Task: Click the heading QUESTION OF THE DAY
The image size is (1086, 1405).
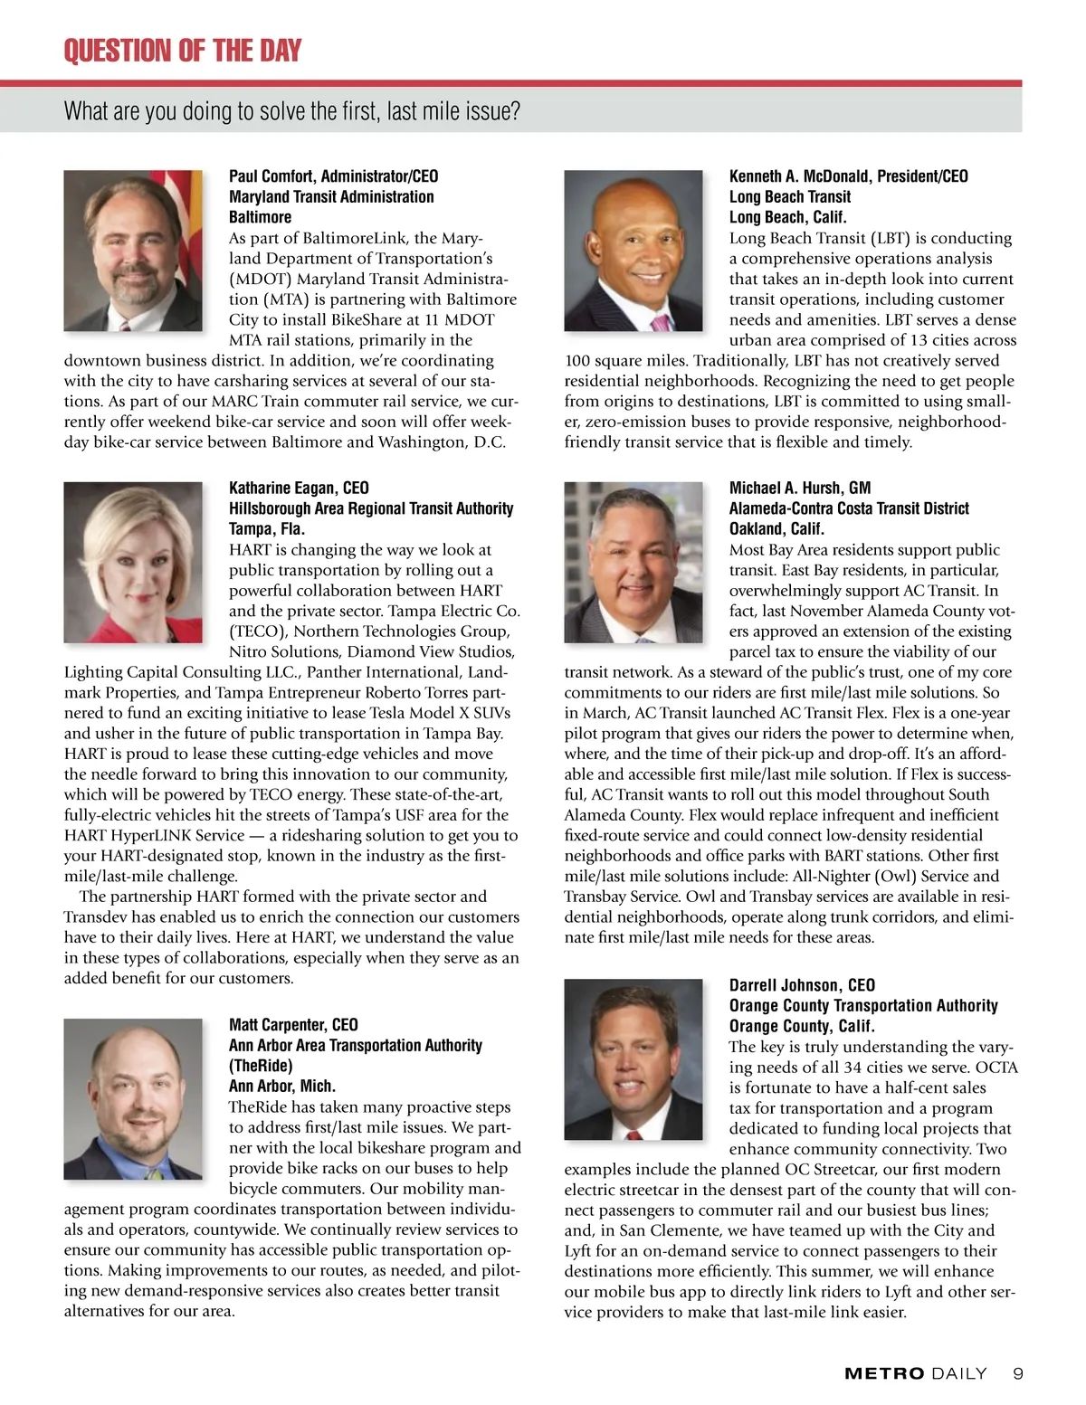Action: tap(182, 51)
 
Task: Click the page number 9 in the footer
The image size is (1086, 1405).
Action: tap(1018, 1373)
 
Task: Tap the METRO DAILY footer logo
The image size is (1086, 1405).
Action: tap(915, 1373)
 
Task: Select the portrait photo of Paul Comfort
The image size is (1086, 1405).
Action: tap(133, 251)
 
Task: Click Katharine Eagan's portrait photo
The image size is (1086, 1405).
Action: tap(133, 562)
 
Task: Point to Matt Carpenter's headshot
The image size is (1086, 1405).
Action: tap(133, 1098)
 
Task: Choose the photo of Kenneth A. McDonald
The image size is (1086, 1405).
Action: tap(633, 251)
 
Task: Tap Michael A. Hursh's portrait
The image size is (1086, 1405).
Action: tap(633, 562)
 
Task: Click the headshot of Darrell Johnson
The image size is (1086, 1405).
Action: tap(633, 1058)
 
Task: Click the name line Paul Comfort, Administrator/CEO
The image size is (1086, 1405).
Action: tap(333, 176)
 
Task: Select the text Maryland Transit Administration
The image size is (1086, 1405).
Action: tap(331, 196)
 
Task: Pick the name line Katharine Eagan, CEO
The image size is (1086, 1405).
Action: tap(299, 488)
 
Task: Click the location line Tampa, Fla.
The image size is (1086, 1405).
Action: tap(267, 528)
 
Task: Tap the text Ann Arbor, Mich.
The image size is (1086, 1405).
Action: tap(282, 1086)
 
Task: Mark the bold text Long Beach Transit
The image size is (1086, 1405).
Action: tap(790, 196)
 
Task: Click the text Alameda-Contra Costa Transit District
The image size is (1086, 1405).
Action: tap(849, 508)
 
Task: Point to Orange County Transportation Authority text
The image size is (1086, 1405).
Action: tap(863, 1005)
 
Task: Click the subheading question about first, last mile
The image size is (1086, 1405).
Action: tap(291, 111)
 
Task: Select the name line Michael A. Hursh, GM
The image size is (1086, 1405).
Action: tap(800, 488)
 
